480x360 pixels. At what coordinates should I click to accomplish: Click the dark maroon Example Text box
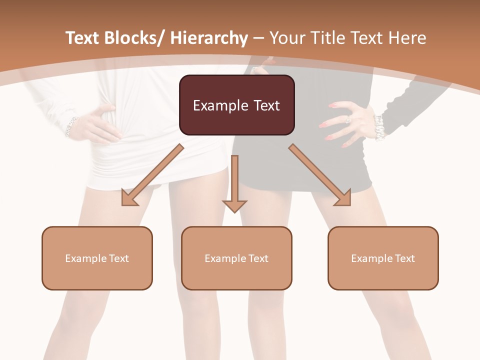pos(236,105)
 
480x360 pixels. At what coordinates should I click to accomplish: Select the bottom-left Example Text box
pos(97,258)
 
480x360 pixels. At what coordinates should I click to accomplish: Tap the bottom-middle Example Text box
pos(236,258)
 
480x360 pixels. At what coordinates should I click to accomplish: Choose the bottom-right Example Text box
pos(383,258)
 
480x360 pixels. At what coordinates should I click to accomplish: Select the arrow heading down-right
pos(320,175)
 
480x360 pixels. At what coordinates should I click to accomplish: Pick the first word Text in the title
pos(83,38)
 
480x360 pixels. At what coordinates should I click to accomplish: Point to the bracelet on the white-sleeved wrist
pos(71,126)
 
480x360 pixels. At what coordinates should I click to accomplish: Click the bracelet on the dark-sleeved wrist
pos(379,127)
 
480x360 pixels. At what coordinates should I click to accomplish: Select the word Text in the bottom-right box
pos(404,258)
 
